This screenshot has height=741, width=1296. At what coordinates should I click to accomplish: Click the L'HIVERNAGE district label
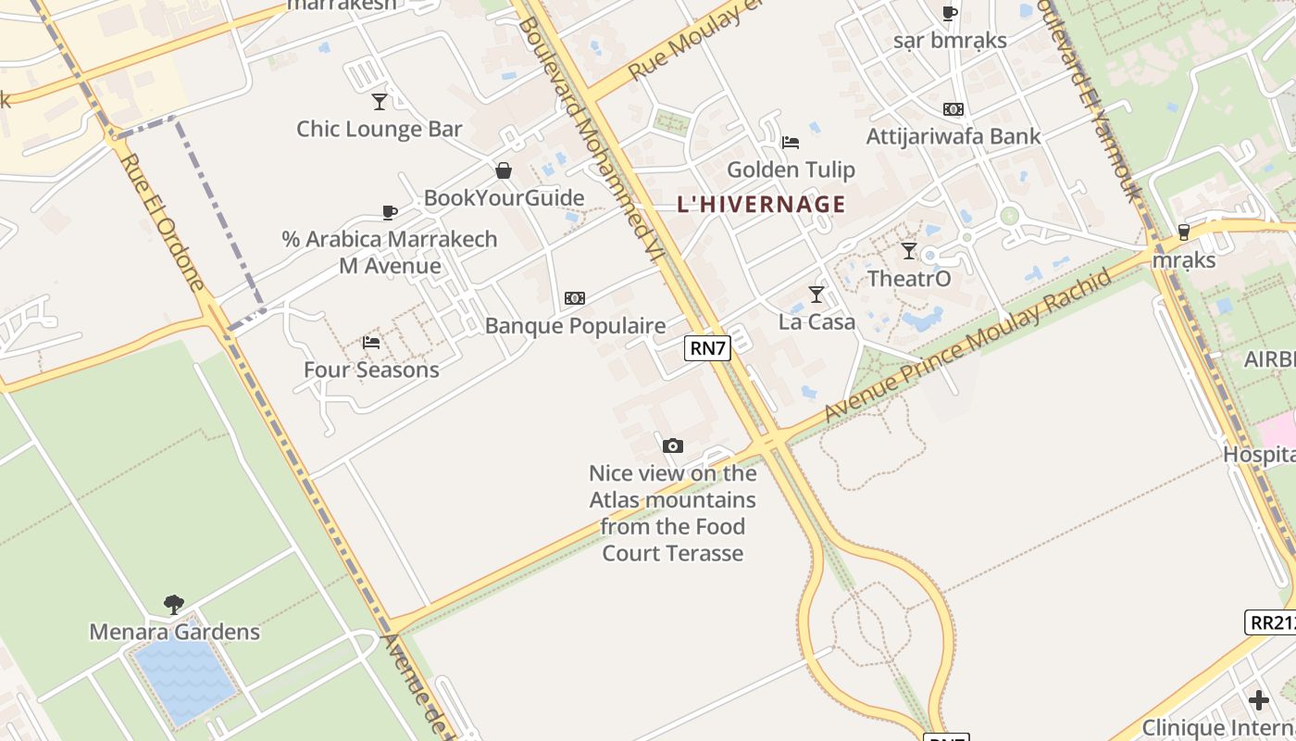pyautogui.click(x=761, y=205)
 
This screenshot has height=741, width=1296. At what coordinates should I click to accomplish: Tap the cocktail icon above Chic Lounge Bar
pyautogui.click(x=380, y=101)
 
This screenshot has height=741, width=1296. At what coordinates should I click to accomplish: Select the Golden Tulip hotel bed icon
pyautogui.click(x=790, y=143)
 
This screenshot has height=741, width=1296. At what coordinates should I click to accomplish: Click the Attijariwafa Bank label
pyautogui.click(x=953, y=136)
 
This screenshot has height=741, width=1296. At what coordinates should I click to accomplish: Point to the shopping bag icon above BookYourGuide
pyautogui.click(x=504, y=170)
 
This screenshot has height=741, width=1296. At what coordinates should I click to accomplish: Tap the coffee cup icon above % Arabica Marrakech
pyautogui.click(x=390, y=212)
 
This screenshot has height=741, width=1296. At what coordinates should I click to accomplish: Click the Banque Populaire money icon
pyautogui.click(x=575, y=298)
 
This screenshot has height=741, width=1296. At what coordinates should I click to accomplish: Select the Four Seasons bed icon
pyautogui.click(x=371, y=343)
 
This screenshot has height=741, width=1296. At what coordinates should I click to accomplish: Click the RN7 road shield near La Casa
pyautogui.click(x=708, y=348)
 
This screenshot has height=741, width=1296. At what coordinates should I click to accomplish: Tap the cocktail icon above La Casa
pyautogui.click(x=816, y=295)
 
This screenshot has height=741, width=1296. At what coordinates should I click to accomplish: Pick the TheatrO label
pyautogui.click(x=908, y=279)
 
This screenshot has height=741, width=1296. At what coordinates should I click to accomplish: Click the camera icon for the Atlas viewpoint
pyautogui.click(x=673, y=446)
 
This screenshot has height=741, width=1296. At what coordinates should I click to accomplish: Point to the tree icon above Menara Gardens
pyautogui.click(x=173, y=605)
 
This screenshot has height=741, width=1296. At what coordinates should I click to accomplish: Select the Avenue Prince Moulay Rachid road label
pyautogui.click(x=966, y=346)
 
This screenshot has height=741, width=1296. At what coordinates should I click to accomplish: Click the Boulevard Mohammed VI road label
pyautogui.click(x=592, y=139)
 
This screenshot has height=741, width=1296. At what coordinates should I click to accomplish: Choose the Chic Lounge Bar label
pyautogui.click(x=379, y=129)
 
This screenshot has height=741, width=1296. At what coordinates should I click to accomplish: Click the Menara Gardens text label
pyautogui.click(x=174, y=633)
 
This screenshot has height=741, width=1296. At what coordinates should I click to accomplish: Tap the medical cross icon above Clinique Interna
pyautogui.click(x=1258, y=699)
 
